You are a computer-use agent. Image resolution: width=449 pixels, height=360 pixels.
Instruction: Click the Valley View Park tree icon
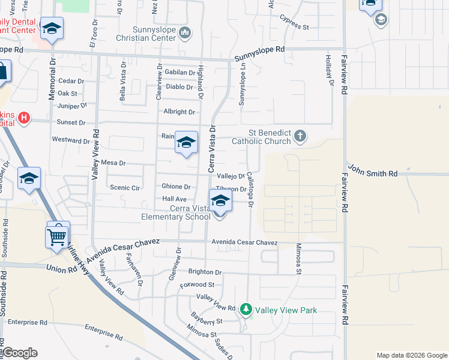click(246, 310)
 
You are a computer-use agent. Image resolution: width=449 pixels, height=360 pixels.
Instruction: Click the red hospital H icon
click(24, 118)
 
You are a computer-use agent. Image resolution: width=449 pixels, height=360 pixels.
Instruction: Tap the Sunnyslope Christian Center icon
click(185, 31)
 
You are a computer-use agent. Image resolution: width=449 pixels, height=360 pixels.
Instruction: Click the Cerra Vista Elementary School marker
click(220, 202)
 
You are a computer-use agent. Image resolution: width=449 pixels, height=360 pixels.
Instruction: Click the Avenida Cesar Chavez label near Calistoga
click(244, 242)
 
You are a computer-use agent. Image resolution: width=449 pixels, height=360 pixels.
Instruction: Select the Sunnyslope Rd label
click(259, 53)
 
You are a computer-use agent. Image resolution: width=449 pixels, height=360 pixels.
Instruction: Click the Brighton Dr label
click(205, 272)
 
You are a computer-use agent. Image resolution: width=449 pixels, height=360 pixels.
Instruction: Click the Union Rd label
click(61, 267)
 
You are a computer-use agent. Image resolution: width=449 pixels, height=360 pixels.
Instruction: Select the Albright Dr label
click(179, 112)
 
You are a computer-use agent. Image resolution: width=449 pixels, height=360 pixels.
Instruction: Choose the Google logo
click(20, 353)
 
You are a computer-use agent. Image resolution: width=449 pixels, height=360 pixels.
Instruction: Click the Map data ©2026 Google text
click(411, 355)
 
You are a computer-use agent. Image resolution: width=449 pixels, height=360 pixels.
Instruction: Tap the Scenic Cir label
click(125, 188)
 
